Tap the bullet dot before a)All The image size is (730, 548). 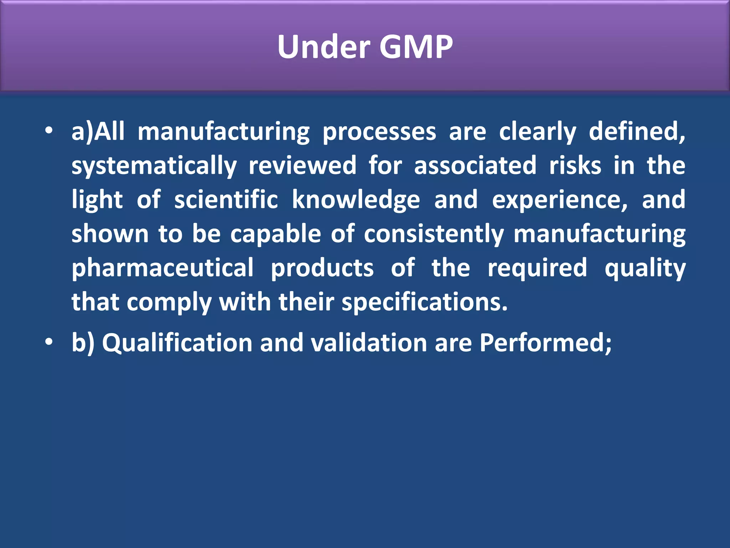(x=49, y=131)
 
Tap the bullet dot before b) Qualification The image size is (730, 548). (x=49, y=342)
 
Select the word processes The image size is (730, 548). (x=379, y=132)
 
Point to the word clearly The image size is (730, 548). (x=537, y=132)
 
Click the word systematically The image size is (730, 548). (x=154, y=166)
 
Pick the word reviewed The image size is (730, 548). (x=302, y=165)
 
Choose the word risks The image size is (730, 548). (x=575, y=165)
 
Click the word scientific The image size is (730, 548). (x=226, y=199)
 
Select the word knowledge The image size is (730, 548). (x=356, y=200)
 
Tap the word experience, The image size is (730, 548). (x=560, y=200)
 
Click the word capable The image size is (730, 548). (x=276, y=234)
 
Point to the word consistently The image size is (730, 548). (x=434, y=234)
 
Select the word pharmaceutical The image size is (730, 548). (x=163, y=268)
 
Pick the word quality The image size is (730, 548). (x=645, y=268)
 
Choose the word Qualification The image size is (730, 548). (x=177, y=343)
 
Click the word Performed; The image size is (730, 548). (x=545, y=343)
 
